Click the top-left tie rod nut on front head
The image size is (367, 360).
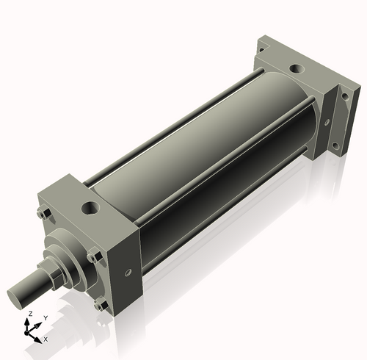[x=42, y=215]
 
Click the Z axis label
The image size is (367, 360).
[x=29, y=314]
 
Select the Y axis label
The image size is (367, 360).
[x=45, y=318]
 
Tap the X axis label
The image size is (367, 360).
[x=46, y=339]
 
